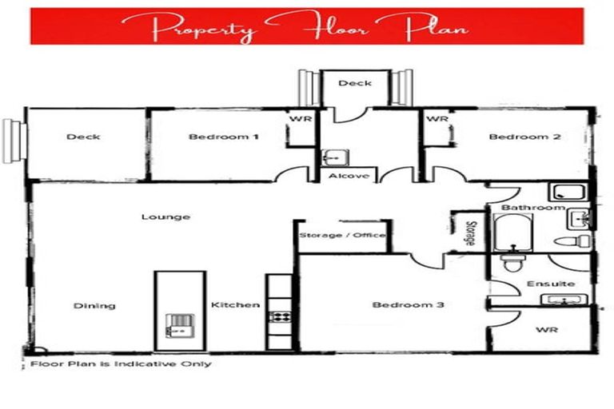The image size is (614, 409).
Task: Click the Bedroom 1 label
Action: (x=223, y=137)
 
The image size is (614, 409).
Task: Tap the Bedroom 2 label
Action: (x=524, y=137)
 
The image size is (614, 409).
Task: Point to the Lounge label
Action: (x=165, y=216)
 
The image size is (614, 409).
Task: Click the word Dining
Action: (x=94, y=305)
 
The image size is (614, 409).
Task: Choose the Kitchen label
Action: (x=235, y=305)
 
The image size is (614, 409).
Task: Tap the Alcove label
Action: (x=348, y=176)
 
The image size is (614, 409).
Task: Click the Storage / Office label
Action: (x=342, y=236)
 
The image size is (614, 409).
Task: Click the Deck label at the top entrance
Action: (x=353, y=82)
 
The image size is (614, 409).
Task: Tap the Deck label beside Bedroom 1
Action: (x=83, y=137)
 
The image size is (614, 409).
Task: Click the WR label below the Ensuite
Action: (x=546, y=329)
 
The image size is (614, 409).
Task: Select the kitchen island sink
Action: (x=178, y=324)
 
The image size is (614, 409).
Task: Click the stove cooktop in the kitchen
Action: (x=279, y=316)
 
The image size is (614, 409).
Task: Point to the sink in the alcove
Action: (x=332, y=157)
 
